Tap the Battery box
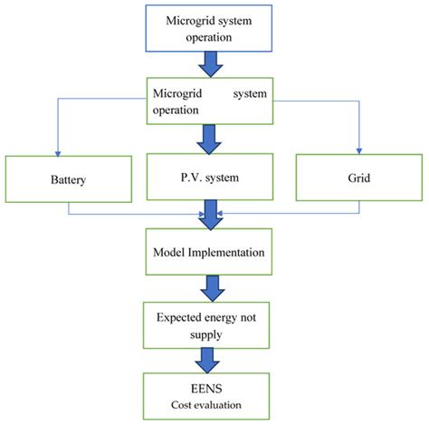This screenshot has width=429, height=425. pos(68,179)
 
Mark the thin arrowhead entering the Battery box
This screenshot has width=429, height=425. pos(69,152)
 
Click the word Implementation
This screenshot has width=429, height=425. pos(232,250)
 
